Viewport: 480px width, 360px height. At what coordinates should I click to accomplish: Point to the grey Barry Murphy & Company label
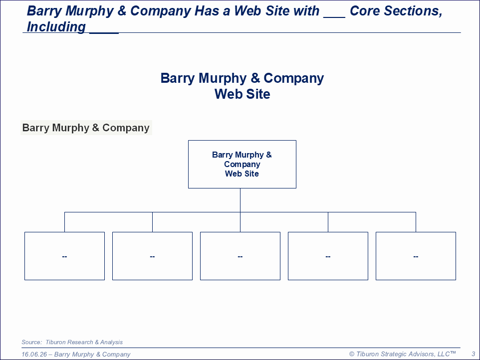tap(86, 128)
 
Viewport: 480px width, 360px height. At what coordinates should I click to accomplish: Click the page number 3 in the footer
tap(474, 354)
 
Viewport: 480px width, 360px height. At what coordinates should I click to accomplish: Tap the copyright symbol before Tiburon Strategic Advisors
tap(352, 354)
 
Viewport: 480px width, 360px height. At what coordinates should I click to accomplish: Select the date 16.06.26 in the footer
tap(34, 354)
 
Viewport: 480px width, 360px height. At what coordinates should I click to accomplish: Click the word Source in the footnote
tap(31, 342)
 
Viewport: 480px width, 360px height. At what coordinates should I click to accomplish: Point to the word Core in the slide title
tap(365, 11)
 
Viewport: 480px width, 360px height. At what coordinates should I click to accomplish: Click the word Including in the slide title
tap(56, 27)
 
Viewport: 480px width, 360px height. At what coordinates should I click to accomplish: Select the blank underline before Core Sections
tap(334, 17)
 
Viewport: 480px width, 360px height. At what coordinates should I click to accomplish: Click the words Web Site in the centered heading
tap(242, 94)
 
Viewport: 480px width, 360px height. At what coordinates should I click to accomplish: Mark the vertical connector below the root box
tap(240, 200)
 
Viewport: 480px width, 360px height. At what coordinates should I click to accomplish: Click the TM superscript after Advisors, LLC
tap(453, 353)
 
